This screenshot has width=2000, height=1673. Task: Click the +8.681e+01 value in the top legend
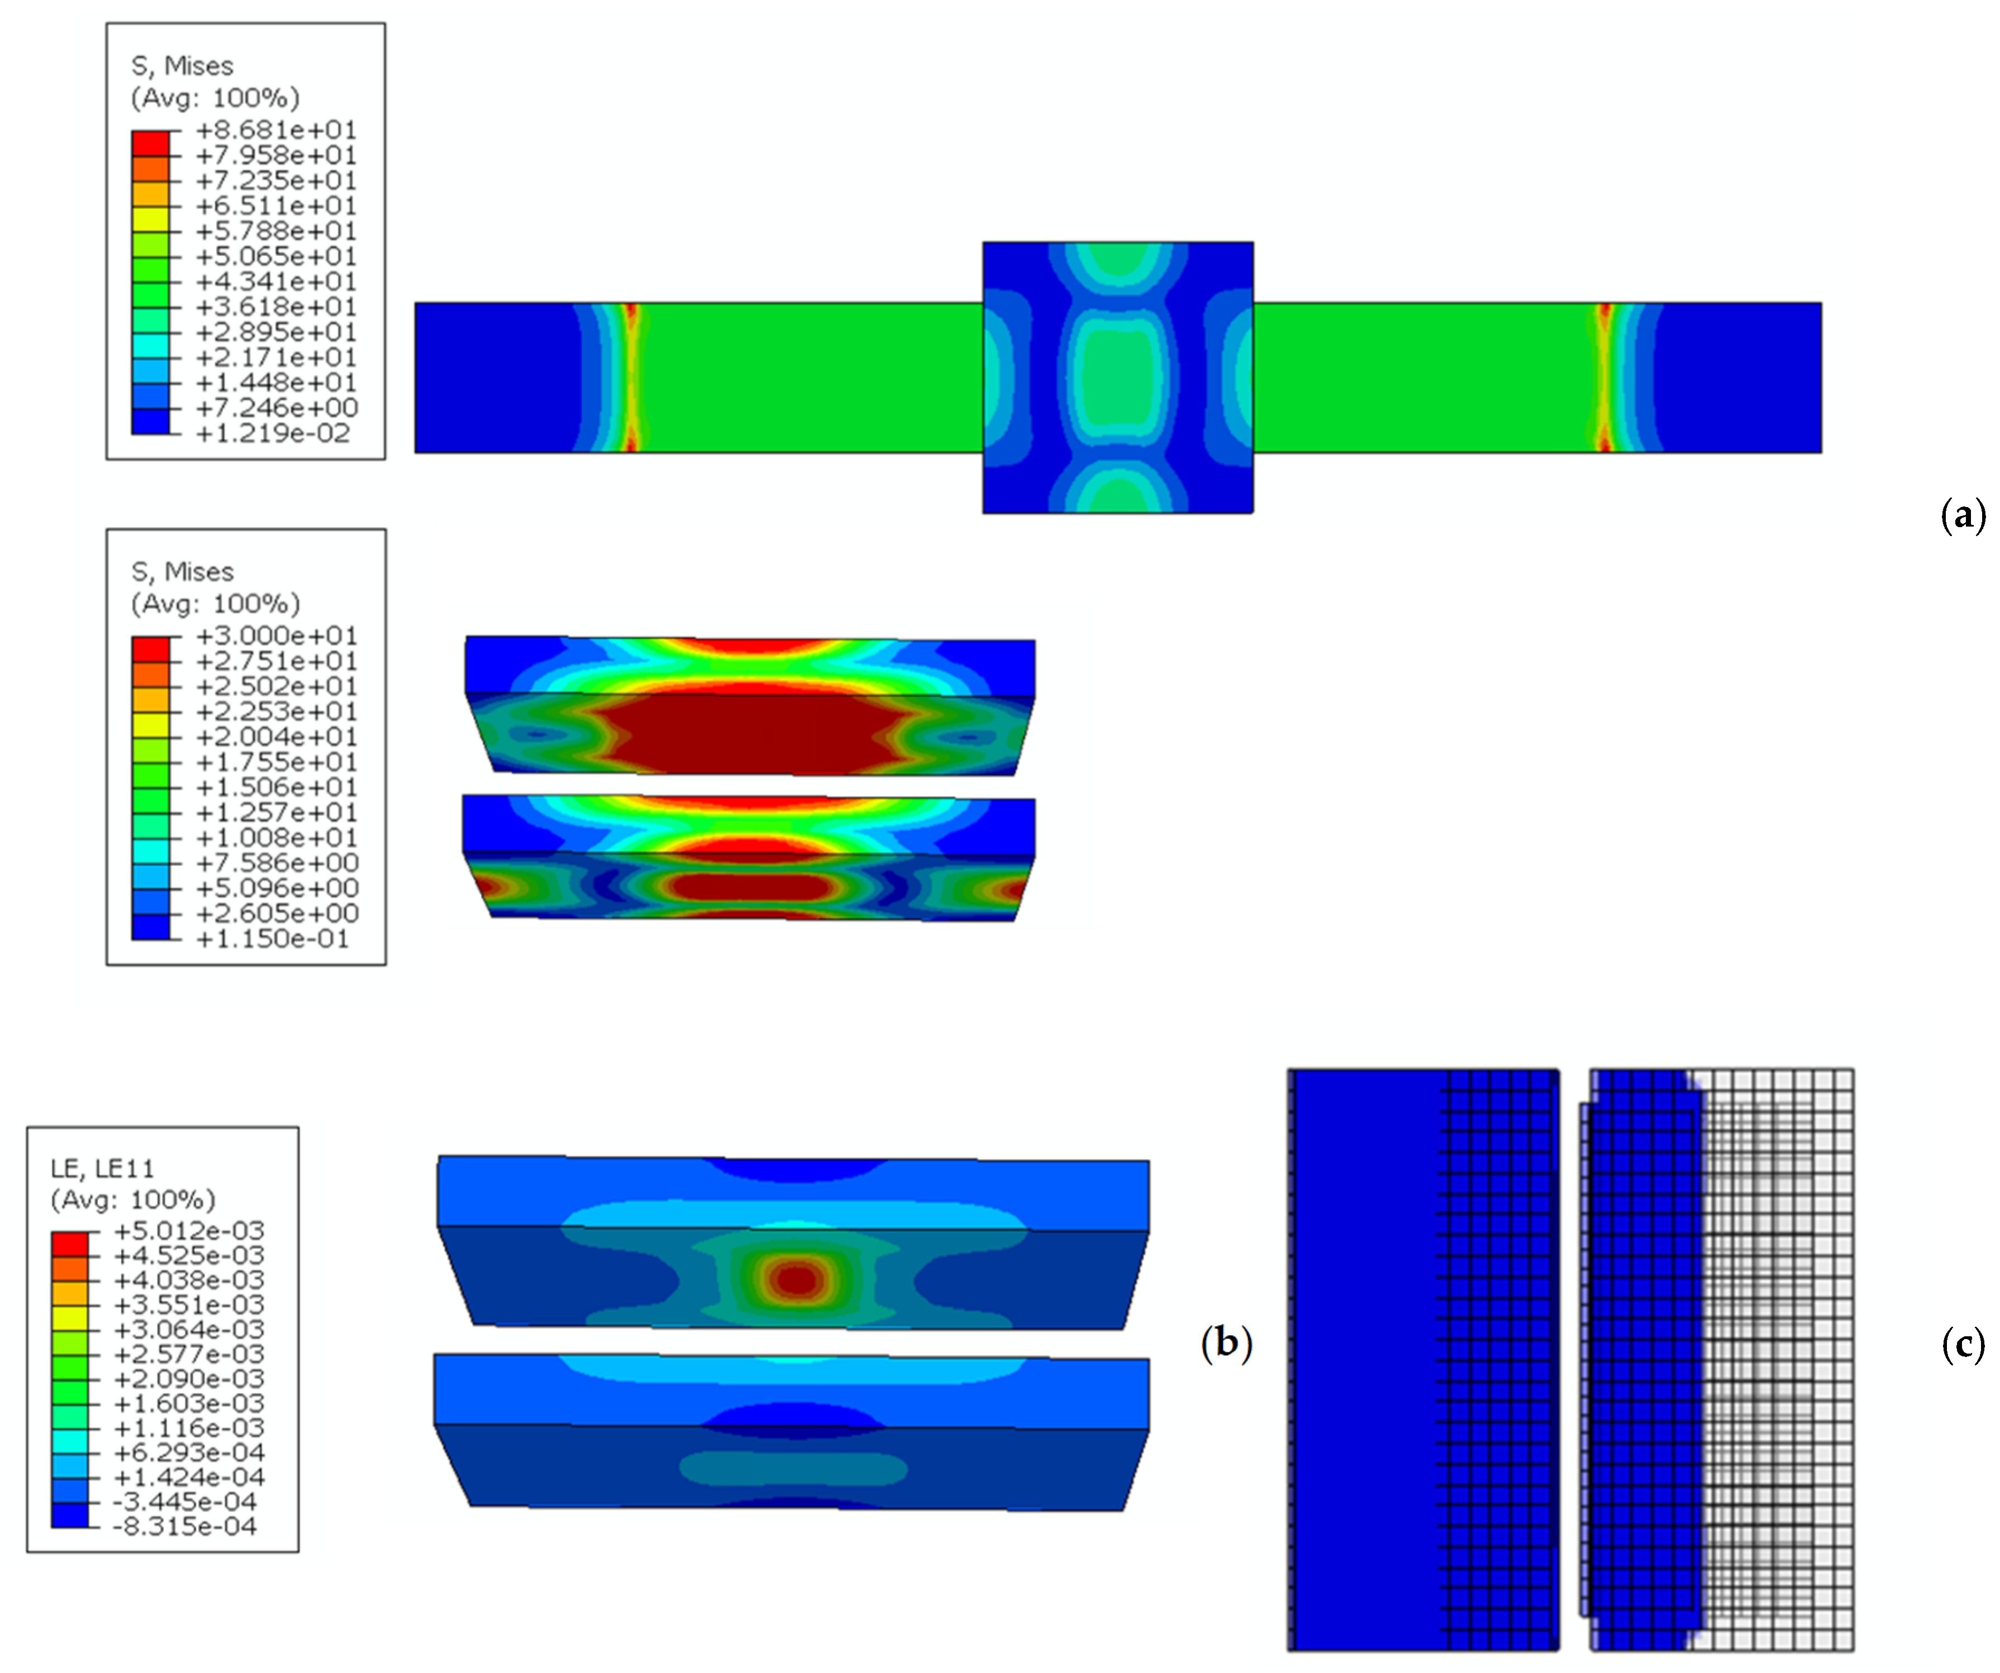[x=276, y=130]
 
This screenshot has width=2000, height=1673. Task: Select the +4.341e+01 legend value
[x=276, y=281]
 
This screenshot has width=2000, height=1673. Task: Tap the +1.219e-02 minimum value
[x=273, y=433]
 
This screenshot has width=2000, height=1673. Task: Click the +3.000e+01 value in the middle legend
[x=276, y=635]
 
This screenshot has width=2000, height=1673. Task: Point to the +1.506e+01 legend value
[x=276, y=786]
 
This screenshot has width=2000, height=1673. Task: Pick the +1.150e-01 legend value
[x=273, y=939]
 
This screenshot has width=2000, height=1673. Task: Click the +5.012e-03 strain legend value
[x=189, y=1230]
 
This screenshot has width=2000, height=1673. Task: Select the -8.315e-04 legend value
[x=185, y=1526]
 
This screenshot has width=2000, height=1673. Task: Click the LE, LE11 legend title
[x=102, y=1168]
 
